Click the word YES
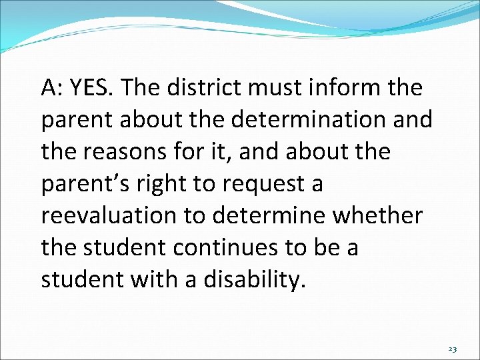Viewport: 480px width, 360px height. pyautogui.click(x=93, y=87)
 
